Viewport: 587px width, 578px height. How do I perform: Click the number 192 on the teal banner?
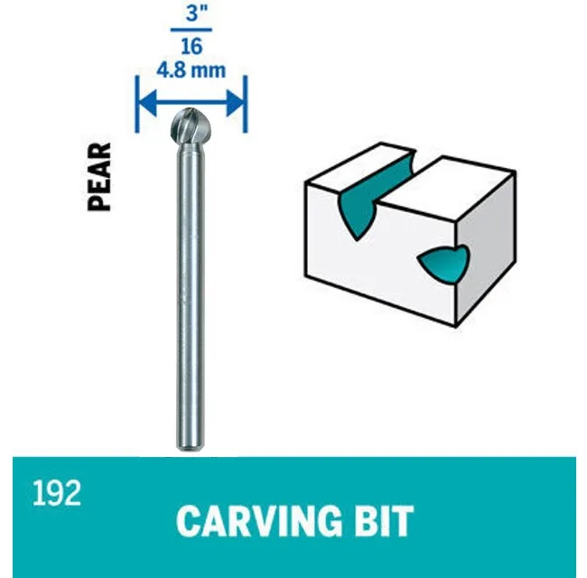(57, 493)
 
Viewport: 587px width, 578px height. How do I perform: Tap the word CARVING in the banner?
(259, 521)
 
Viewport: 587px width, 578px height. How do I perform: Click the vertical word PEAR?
(99, 177)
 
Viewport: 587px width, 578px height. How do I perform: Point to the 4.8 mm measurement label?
(191, 70)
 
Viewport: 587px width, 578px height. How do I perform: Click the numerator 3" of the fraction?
(196, 14)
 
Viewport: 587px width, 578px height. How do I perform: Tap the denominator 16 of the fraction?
(191, 46)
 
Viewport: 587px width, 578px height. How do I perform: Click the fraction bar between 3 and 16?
(191, 30)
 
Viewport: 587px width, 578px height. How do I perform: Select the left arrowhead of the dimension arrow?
(147, 103)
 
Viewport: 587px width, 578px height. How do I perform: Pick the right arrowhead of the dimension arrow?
(236, 103)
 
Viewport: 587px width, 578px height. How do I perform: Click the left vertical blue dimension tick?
(137, 104)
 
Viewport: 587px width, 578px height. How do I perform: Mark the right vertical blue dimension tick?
(246, 104)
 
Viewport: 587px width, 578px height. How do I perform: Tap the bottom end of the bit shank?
(191, 448)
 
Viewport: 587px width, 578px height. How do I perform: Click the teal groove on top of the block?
(375, 187)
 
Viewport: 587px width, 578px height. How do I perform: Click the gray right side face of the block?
(486, 248)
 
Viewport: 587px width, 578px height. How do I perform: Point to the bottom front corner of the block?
(455, 327)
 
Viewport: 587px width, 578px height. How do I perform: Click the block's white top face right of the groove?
(449, 187)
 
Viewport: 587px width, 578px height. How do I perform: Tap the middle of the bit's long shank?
(191, 295)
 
